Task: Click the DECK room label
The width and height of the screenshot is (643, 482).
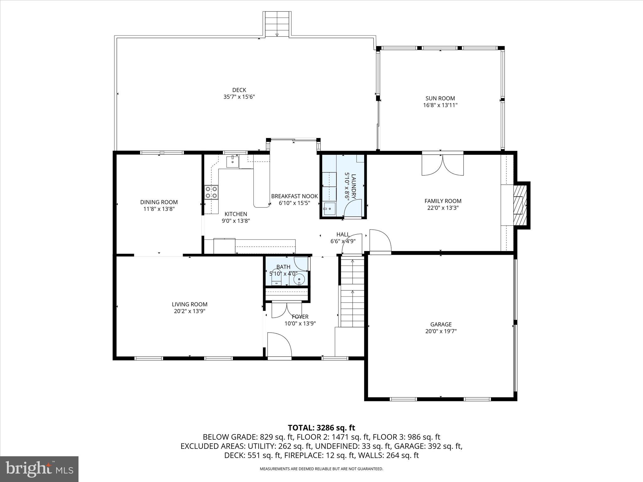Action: [x=239, y=90]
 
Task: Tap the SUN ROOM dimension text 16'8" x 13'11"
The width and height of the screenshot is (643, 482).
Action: [x=440, y=105]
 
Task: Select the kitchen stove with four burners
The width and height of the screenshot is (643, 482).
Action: [x=211, y=192]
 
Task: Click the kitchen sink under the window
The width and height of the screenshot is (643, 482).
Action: [x=232, y=162]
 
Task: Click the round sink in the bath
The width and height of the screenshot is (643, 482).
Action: [x=299, y=279]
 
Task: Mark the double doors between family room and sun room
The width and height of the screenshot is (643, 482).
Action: [x=442, y=164]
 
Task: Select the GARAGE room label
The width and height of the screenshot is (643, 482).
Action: [x=441, y=324]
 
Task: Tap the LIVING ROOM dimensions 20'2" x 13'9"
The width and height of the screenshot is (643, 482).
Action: [x=189, y=311]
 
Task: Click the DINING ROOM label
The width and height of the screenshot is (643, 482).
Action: [x=159, y=202]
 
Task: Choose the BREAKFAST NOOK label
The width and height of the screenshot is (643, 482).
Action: [x=294, y=196]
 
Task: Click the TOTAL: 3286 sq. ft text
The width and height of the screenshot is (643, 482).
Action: [x=321, y=427]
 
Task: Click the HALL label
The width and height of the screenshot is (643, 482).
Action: [x=343, y=234]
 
